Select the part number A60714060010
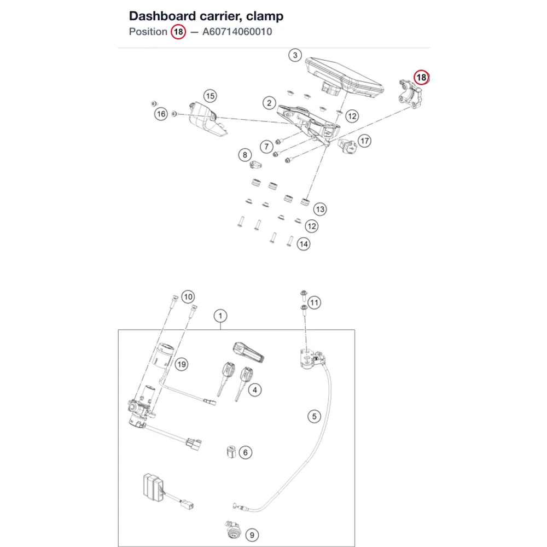237,32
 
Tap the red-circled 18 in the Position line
178,32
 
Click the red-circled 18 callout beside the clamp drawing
421,78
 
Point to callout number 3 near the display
295,55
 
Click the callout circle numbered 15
210,96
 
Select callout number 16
161,114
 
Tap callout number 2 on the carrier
269,103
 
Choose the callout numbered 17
364,141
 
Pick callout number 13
320,210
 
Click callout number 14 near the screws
304,244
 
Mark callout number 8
245,155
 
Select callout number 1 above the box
220,316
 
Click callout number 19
182,364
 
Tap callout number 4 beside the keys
255,390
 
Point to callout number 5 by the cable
315,416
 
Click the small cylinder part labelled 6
231,452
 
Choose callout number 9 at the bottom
252,535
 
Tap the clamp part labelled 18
410,94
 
